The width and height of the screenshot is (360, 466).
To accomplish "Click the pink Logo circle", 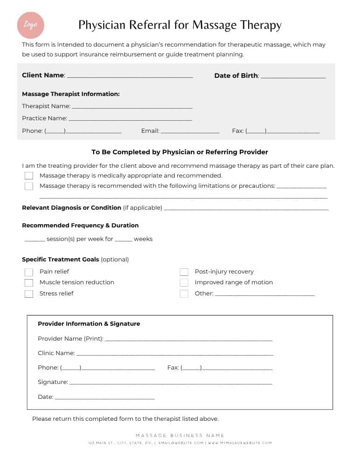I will click(31, 25).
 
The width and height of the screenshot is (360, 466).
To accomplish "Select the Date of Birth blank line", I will click(293, 77).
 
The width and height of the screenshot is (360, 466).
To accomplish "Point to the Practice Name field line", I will click(130, 119).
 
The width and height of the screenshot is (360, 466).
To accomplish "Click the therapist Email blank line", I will click(190, 132).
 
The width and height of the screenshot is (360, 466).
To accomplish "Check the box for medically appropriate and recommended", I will click(29, 176).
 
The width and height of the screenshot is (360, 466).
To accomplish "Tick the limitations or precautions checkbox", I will click(29, 186).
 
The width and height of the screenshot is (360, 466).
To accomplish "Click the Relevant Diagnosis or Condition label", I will click(71, 208).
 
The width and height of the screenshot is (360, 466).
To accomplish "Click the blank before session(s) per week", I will click(34, 240).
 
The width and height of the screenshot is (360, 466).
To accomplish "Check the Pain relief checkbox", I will click(29, 272).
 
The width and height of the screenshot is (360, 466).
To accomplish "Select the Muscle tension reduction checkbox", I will click(29, 283).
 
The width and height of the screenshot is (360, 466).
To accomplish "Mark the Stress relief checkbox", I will click(29, 294).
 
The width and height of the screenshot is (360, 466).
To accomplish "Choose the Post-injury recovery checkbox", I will click(184, 272).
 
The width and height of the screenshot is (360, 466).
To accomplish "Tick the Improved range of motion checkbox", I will click(184, 283).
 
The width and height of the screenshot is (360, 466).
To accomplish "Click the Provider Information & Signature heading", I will click(89, 324).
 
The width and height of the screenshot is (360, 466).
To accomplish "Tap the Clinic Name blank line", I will click(175, 355).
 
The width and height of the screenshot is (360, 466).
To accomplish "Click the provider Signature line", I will click(170, 384).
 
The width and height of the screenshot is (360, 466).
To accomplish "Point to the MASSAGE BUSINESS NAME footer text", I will click(180, 436).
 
